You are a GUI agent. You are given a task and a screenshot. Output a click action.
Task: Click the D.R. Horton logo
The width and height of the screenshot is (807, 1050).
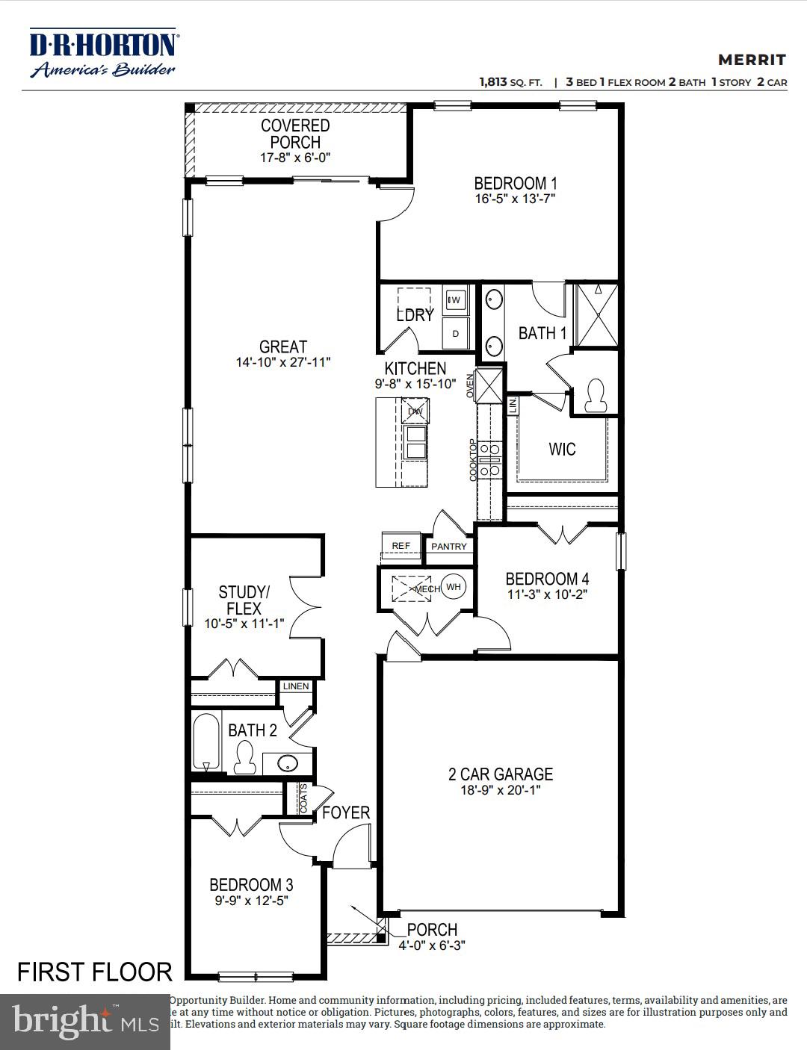103,53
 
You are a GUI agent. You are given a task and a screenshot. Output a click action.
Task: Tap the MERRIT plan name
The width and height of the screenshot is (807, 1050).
752,60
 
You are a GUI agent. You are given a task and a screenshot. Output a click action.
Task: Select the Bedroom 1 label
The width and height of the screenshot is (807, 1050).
515,183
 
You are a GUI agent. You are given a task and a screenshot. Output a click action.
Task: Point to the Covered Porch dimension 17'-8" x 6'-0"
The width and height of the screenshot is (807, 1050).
295,158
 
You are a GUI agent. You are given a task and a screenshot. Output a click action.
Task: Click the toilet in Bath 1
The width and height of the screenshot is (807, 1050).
596,397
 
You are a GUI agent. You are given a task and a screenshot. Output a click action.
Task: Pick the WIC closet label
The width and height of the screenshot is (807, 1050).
562,449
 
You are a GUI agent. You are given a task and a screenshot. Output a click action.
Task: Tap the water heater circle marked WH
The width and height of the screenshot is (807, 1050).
453,587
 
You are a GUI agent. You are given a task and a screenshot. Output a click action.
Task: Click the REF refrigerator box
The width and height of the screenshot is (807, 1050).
401,546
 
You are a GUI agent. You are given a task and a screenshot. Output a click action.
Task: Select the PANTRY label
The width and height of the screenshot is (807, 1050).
449,547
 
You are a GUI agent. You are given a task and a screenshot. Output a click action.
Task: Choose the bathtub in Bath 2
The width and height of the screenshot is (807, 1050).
206,742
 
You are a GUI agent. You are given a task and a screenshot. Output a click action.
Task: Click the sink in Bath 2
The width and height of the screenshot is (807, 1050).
288,764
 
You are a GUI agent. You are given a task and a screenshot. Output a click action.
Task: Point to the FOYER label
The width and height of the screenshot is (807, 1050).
346,813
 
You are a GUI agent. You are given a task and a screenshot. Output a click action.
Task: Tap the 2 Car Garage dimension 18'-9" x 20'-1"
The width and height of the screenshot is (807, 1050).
500,790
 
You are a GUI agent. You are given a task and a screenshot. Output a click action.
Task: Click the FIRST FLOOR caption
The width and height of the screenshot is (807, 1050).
95,972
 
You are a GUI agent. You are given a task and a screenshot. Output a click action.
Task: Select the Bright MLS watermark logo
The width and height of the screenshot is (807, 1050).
85,1021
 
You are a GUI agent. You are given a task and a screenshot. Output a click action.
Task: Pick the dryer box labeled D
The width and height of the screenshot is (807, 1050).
455,334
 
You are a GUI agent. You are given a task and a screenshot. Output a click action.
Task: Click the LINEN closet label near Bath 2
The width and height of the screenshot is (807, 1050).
296,686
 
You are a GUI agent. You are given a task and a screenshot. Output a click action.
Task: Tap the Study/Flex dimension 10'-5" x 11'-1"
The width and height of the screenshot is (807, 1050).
244,624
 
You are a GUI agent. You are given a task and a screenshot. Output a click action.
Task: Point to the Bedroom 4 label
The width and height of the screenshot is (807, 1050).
547,579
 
